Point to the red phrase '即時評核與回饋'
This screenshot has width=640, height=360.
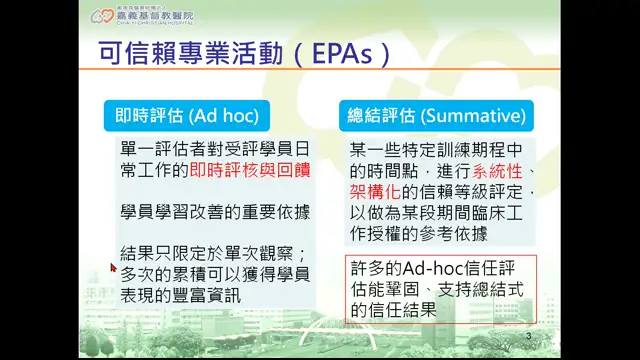249,171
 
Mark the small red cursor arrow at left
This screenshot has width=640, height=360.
114,268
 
